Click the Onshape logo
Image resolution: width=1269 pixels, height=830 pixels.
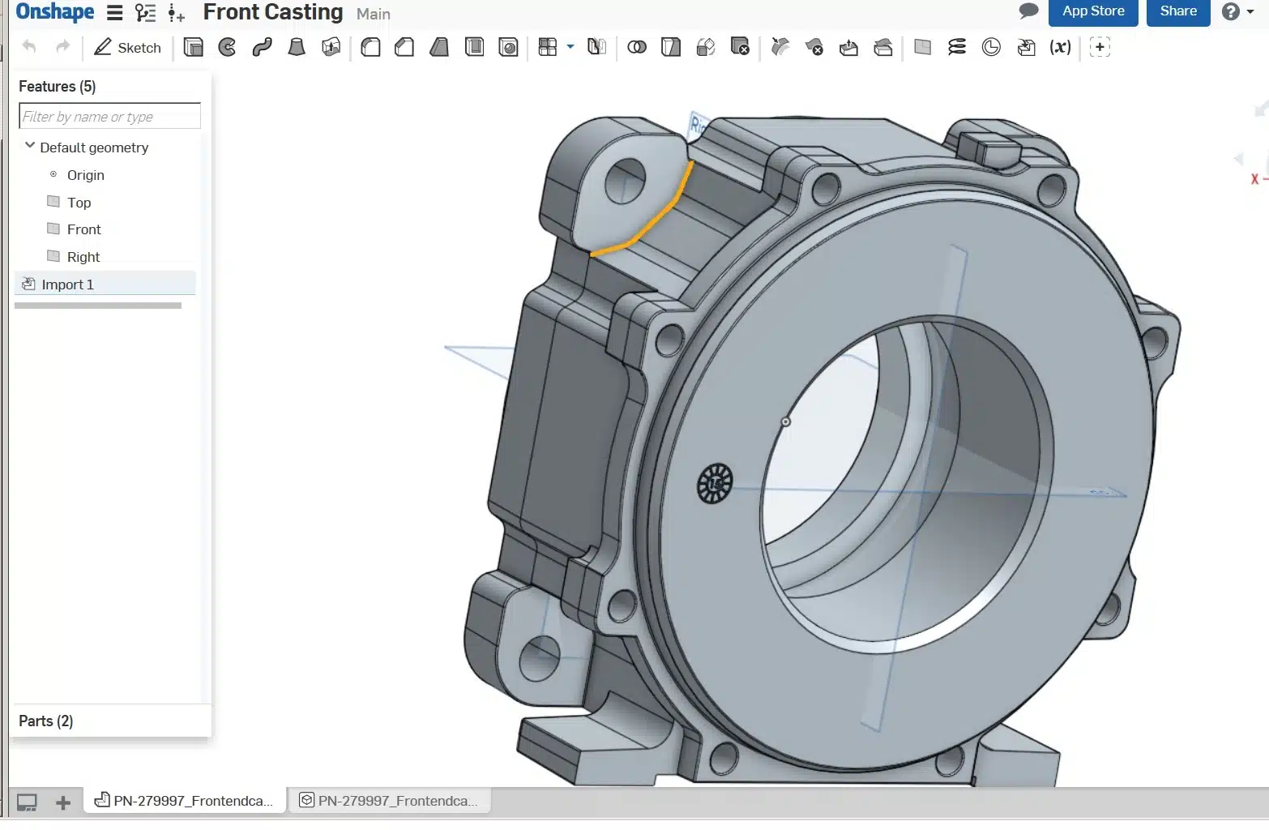(x=55, y=12)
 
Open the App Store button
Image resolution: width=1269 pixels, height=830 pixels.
(x=1092, y=11)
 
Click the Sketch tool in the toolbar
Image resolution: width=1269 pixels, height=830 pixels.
(x=127, y=48)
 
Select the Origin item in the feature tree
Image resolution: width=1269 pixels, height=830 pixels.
(x=85, y=175)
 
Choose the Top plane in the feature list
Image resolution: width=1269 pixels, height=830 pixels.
(x=79, y=203)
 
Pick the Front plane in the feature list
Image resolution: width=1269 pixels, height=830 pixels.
(x=83, y=229)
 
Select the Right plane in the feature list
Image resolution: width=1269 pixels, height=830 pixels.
(x=83, y=257)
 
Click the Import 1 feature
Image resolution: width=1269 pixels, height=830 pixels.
(x=67, y=285)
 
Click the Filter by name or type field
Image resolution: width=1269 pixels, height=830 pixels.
(x=109, y=117)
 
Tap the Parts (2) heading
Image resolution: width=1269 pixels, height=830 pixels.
(x=46, y=721)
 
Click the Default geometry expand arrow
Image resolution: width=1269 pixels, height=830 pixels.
(x=30, y=146)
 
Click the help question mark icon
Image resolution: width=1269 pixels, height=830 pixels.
(x=1230, y=12)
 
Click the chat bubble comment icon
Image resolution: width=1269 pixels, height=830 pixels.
(x=1028, y=11)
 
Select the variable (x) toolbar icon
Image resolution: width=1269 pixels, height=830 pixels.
(x=1060, y=48)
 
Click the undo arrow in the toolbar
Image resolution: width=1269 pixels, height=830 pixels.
(x=29, y=47)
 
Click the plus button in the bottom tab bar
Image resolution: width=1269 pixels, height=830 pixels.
(x=62, y=802)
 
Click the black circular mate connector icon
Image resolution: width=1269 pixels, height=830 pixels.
(x=714, y=483)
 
